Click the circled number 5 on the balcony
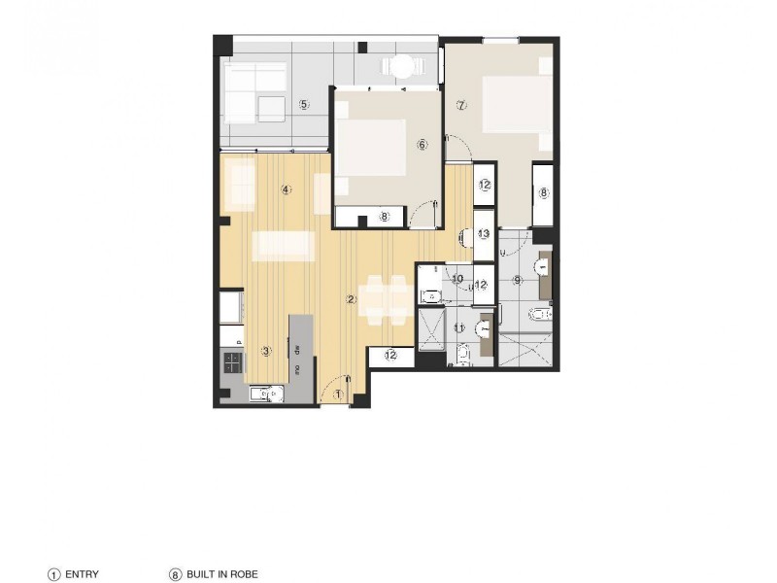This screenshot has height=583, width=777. point(304,105)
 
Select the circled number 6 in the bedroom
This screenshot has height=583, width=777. point(422,145)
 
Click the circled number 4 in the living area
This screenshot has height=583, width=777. point(286,189)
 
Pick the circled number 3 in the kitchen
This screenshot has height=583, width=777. point(266,351)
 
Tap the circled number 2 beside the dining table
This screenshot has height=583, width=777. point(352,299)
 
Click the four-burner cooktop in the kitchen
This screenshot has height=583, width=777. point(232,362)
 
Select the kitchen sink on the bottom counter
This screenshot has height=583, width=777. point(263,394)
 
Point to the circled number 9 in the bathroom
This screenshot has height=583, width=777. point(518,281)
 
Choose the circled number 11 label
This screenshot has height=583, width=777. point(460,328)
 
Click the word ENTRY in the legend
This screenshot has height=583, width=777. point(83,574)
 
